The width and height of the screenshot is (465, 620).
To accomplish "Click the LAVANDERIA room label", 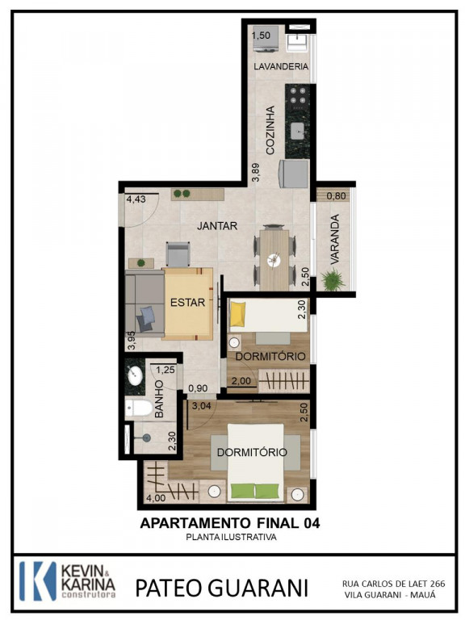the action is pos(281,66).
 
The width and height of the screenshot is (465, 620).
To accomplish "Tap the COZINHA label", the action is pos(270,130).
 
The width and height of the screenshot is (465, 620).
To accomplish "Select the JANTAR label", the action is pos(217,226).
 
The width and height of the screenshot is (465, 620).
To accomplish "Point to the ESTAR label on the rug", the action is pos(187,303).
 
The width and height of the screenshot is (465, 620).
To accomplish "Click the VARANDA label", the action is pos(335,240).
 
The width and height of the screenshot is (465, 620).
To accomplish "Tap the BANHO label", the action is pos(159,399).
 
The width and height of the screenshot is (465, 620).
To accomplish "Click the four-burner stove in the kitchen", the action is pos(298,97).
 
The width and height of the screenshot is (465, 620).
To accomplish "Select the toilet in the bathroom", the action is pos(138,408).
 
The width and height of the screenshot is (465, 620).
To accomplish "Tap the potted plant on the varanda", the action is pos(333,279).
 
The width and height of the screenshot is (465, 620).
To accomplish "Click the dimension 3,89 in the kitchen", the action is pos(256,173).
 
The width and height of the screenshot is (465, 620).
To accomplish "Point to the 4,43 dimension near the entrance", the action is pos(136,199).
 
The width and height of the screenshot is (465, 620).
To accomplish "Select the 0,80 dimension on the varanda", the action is pos(337,195).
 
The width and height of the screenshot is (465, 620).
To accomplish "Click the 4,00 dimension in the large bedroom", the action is pos(156,498).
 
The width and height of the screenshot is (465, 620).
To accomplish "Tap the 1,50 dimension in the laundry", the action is pos(261,36).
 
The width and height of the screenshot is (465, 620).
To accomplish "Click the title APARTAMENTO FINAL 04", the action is pos(230,523).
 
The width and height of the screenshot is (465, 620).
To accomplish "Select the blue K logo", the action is pos(38,581).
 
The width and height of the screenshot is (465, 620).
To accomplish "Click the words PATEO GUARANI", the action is pos(221,588).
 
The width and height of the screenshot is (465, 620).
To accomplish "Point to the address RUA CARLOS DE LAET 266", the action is pos(393,584).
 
